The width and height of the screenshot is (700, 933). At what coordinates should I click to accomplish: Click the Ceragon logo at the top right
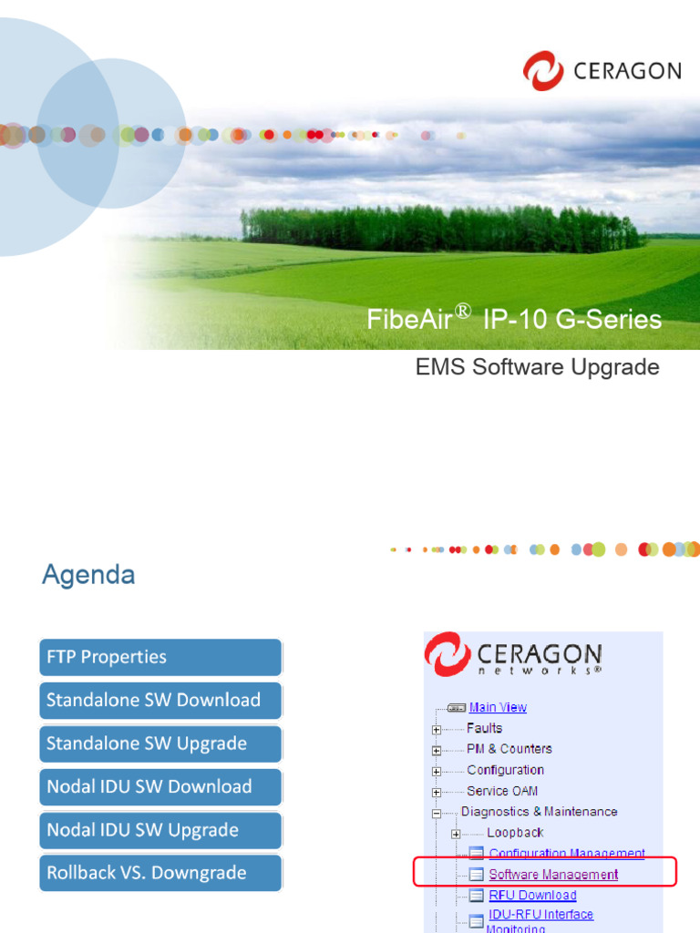602,70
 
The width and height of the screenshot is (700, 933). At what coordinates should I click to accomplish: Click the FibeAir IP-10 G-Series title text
514,319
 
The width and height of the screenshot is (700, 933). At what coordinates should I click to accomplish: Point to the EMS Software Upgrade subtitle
537,367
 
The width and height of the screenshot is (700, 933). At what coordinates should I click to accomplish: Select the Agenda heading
88,575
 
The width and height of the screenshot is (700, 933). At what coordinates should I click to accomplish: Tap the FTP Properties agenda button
160,657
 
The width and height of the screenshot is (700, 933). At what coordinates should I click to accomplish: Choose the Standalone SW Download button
160,701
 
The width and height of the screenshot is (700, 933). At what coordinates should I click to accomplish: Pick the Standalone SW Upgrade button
160,743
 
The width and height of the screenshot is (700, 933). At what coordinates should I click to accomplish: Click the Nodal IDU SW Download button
160,786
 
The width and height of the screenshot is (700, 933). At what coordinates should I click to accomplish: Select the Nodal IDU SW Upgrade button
160,830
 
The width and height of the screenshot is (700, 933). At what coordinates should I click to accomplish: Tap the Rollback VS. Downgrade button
160,873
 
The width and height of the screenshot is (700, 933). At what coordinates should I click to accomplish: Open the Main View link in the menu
498,707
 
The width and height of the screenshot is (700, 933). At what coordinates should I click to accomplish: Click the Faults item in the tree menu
484,728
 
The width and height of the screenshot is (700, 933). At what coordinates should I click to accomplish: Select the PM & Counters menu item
509,749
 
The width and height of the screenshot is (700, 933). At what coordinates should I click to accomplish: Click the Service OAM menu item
502,791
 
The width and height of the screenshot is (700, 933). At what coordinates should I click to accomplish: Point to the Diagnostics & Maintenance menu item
539,812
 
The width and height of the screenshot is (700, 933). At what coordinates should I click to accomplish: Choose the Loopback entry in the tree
515,833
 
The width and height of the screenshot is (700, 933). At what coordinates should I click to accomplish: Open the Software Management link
553,875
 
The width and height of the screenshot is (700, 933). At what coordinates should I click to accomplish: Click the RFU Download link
532,895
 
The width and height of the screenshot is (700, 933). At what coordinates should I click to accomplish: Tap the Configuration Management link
567,854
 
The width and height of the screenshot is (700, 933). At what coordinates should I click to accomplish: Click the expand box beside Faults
437,730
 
